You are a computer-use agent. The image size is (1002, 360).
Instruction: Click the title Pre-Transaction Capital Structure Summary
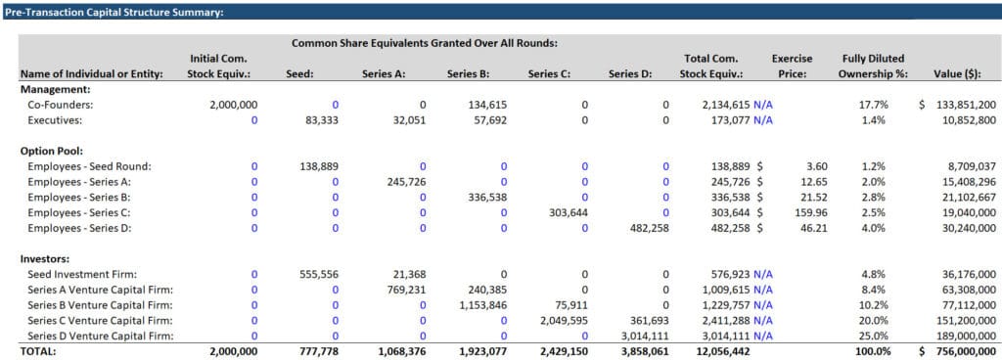[114, 12]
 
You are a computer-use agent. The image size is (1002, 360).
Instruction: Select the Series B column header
[469, 73]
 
